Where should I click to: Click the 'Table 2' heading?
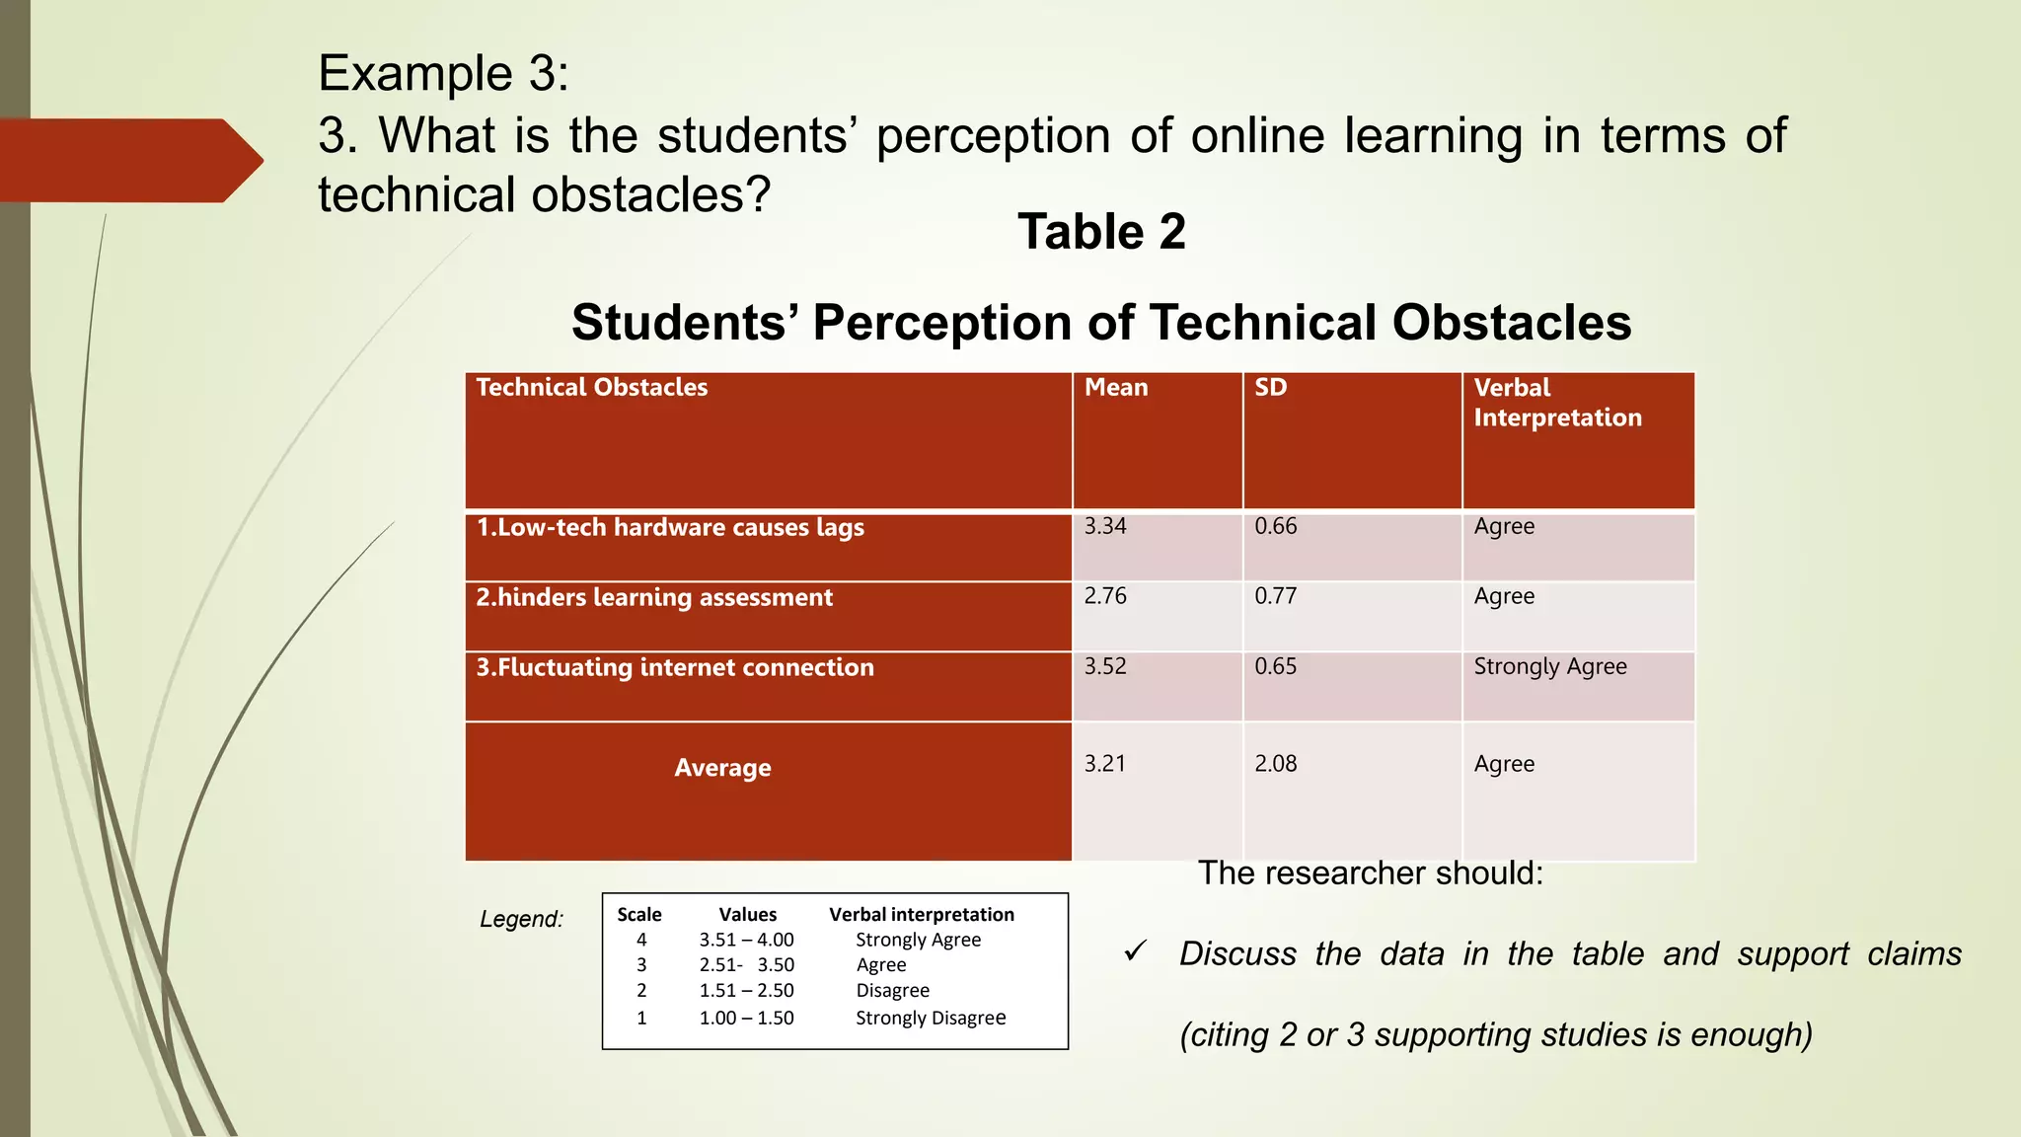[x=1101, y=232]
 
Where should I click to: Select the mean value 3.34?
[x=1105, y=526]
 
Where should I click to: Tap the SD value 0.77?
[x=1275, y=596]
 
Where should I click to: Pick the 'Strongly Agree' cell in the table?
[x=1549, y=667]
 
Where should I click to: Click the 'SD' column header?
[x=1270, y=387]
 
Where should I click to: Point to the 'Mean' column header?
[x=1116, y=387]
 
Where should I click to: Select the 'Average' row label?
[x=722, y=768]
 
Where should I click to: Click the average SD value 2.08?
[x=1275, y=763]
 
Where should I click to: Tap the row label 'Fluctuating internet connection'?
[x=675, y=668]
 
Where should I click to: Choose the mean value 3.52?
[x=1105, y=666]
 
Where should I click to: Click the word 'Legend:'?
[x=521, y=919]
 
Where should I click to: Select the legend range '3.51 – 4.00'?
[x=746, y=940]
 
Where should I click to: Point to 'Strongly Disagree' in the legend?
[x=930, y=1018]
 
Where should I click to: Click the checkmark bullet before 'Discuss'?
[x=1135, y=951]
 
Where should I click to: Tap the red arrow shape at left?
[x=128, y=160]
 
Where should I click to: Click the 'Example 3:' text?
[x=443, y=74]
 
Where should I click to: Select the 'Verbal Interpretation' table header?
[x=1557, y=403]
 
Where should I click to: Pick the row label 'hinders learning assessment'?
[x=654, y=598]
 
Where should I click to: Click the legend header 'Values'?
[x=747, y=914]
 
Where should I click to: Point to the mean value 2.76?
[x=1105, y=596]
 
